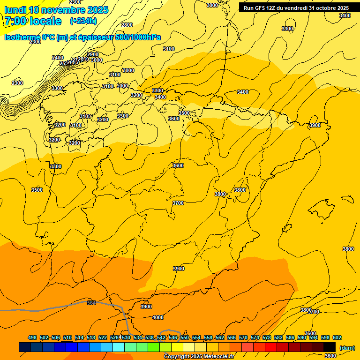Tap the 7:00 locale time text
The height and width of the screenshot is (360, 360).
pyautogui.click(x=33, y=21)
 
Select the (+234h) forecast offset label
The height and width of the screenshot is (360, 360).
pyautogui.click(x=83, y=21)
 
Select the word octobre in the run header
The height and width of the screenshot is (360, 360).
pyautogui.click(x=325, y=8)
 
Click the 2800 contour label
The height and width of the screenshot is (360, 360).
pyautogui.click(x=127, y=25)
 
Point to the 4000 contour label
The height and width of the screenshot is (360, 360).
pyautogui.click(x=158, y=317)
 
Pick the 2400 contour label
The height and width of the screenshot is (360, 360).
pyautogui.click(x=58, y=58)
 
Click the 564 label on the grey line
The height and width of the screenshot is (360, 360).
pyautogui.click(x=91, y=303)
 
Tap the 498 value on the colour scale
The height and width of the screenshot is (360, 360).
pyautogui.click(x=32, y=337)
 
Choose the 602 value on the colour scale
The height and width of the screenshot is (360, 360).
pyautogui.click(x=337, y=337)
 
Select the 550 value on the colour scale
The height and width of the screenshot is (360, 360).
pyautogui.click(x=185, y=337)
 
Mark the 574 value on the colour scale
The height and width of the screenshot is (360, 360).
pyautogui.click(x=255, y=337)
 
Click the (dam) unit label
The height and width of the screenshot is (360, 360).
pyautogui.click(x=347, y=347)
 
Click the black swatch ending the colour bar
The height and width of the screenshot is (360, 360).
pyautogui.click(x=330, y=347)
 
